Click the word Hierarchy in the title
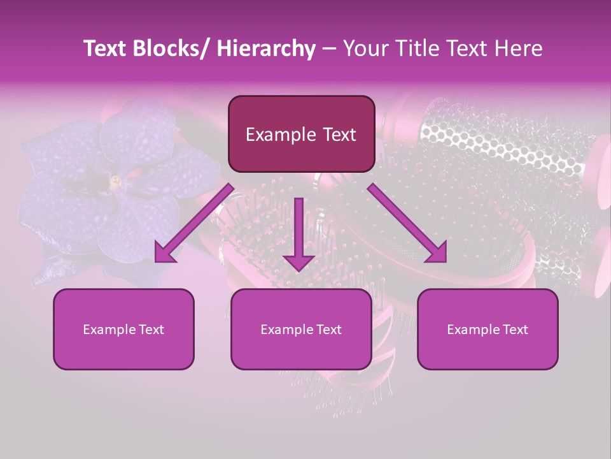pyautogui.click(x=265, y=48)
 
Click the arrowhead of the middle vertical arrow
pyautogui.click(x=298, y=262)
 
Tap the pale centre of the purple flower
pyautogui.click(x=116, y=182)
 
